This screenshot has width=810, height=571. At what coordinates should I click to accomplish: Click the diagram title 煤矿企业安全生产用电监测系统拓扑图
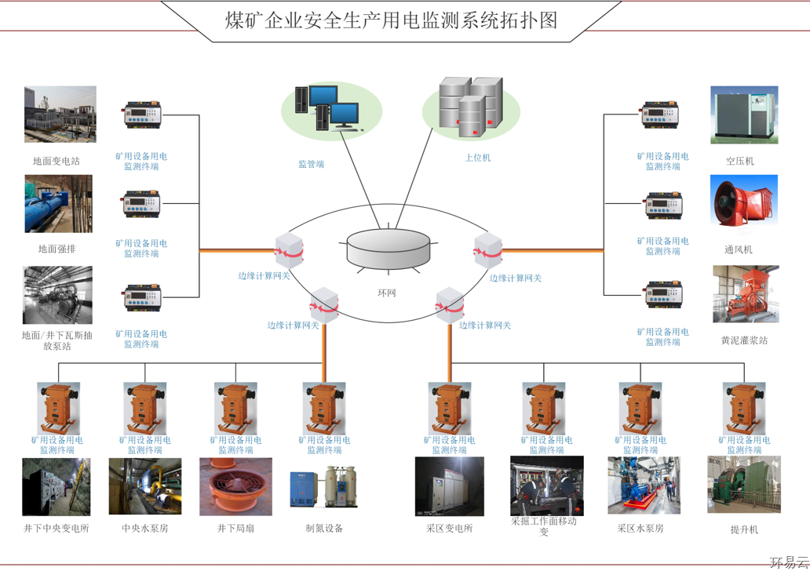[x=391, y=20]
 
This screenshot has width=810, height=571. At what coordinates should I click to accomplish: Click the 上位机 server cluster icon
[x=471, y=104]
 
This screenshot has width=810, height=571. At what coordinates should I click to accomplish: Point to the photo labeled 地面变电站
[x=60, y=115]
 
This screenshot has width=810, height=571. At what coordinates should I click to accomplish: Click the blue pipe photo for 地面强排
[x=58, y=204]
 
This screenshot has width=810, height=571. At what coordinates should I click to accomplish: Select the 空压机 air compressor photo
[x=744, y=115]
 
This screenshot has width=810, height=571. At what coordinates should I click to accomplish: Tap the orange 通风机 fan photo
[x=743, y=204]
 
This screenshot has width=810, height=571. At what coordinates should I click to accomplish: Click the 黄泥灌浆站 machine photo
[x=745, y=294]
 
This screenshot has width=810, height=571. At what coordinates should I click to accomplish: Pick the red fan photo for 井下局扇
[x=235, y=487]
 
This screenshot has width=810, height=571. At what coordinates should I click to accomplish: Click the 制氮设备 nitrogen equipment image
[x=324, y=489]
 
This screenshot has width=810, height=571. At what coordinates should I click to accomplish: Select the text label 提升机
[x=744, y=529]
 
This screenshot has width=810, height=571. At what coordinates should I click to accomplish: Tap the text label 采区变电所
[x=450, y=528]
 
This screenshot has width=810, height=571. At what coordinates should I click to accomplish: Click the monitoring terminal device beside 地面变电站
[x=142, y=116]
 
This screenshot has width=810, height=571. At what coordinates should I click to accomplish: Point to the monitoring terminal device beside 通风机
[x=663, y=205]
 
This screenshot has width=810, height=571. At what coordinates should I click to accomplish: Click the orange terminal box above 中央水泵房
[x=145, y=408]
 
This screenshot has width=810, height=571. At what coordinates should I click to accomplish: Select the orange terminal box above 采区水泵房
[x=640, y=408]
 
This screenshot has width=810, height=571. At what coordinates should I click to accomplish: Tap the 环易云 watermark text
[x=788, y=562]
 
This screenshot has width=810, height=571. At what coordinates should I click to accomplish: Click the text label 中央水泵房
[x=144, y=528]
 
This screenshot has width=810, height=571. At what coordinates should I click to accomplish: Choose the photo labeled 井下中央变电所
[x=57, y=487]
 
